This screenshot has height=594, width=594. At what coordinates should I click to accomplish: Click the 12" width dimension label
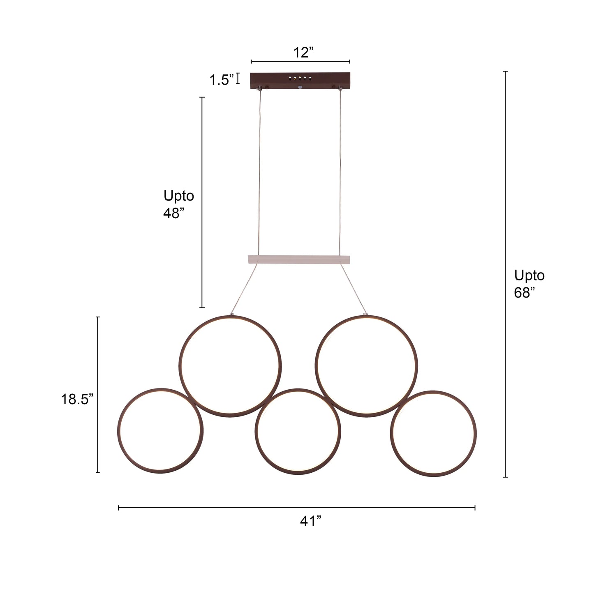pyautogui.click(x=303, y=53)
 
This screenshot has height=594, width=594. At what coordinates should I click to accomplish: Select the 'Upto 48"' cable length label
pyautogui.click(x=178, y=204)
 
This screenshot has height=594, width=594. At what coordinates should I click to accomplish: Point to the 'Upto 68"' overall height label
pyautogui.click(x=529, y=283)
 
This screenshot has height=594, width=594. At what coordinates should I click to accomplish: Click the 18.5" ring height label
pyautogui.click(x=77, y=399)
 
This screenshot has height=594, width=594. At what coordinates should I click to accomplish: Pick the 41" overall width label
pyautogui.click(x=310, y=521)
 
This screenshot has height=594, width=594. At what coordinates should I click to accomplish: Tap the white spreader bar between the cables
pyautogui.click(x=299, y=260)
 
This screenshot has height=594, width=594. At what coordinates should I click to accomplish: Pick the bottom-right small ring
pyautogui.click(x=475, y=434)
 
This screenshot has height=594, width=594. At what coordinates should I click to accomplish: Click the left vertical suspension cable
pyautogui.click(x=259, y=173)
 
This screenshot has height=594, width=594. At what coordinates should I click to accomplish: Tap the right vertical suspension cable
pyautogui.click(x=340, y=173)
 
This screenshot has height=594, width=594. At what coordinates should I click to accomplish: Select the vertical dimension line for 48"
pyautogui.click(x=202, y=247)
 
